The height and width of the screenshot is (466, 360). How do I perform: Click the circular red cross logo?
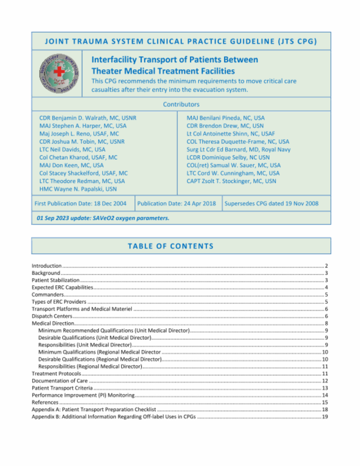click(59, 74)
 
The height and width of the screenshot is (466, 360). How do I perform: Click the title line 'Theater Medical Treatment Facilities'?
click(163, 71)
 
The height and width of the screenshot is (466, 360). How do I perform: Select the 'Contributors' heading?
click(181, 104)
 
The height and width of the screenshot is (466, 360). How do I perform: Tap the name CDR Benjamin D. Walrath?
click(88, 118)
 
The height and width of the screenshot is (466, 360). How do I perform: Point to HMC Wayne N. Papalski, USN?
click(78, 189)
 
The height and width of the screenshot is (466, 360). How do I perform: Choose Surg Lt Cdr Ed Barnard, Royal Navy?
click(238, 149)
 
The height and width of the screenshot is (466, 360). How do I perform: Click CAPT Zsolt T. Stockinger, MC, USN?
click(231, 181)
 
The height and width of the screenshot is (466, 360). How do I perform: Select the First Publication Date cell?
click(81, 204)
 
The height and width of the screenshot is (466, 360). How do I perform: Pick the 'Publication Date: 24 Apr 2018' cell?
click(176, 204)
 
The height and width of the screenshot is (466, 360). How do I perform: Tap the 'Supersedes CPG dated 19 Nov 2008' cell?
click(271, 204)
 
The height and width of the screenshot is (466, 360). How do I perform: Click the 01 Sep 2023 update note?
click(103, 218)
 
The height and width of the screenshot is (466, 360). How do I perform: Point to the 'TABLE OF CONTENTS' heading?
click(171, 246)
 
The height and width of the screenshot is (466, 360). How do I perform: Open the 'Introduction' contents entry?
click(47, 266)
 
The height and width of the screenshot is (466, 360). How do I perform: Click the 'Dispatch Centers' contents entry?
click(52, 316)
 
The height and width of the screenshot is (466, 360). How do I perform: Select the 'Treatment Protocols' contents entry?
click(56, 374)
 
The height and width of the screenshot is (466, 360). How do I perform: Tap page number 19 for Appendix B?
click(325, 417)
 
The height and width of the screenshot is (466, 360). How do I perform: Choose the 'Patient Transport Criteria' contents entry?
click(62, 388)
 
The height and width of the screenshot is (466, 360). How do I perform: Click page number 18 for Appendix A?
click(325, 409)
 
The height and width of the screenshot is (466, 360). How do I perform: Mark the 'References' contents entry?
click(45, 402)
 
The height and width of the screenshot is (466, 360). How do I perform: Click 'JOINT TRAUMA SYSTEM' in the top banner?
click(94, 42)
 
